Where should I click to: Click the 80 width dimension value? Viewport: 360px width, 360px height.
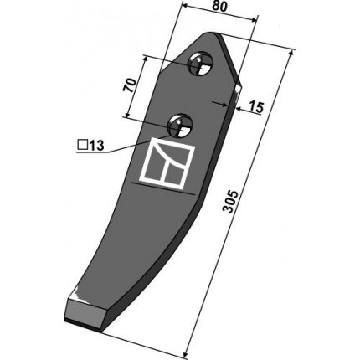tap(220, 7)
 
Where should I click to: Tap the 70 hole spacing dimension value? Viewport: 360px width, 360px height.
tap(130, 85)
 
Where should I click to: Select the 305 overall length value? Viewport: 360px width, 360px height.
tap(231, 202)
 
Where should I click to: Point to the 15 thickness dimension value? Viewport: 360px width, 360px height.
tap(256, 107)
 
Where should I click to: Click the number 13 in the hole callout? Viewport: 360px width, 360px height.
tap(96, 146)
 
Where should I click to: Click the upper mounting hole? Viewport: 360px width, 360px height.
tap(200, 64)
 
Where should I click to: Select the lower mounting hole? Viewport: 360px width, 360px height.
tap(180, 126)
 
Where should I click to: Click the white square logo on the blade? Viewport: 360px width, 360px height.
tap(167, 162)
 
